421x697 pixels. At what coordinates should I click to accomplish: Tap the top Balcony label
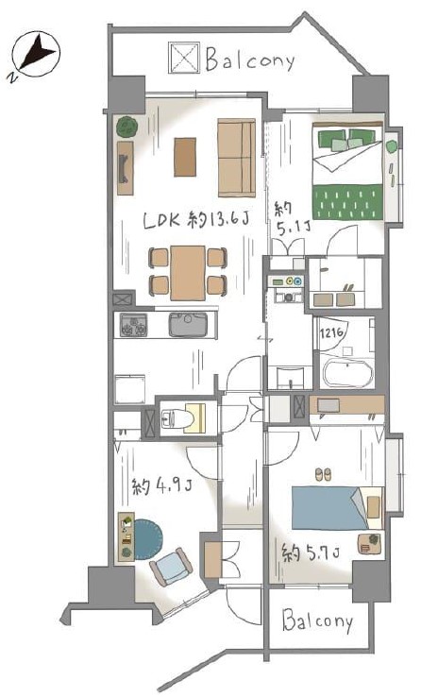pyautogui.click(x=250, y=60)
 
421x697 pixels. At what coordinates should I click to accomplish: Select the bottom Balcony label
pyautogui.click(x=317, y=621)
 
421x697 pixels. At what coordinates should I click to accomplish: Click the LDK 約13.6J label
pyautogui.click(x=195, y=219)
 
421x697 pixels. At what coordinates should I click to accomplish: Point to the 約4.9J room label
pyautogui.click(x=162, y=485)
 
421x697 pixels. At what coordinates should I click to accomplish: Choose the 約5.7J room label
pyautogui.click(x=312, y=552)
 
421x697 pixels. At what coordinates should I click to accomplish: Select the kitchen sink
pyautogui.click(x=188, y=325)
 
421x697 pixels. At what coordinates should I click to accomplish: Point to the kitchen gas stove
pyautogui.click(x=134, y=326)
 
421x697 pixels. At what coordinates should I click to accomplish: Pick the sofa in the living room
pyautogui.click(x=237, y=158)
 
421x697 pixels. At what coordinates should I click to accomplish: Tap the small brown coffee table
pyautogui.click(x=185, y=157)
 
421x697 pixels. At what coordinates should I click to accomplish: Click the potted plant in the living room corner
pyautogui.click(x=126, y=127)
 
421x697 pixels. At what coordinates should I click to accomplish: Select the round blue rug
pyautogui.click(x=147, y=539)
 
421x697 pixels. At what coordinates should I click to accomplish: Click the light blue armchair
pyautogui.click(x=172, y=567)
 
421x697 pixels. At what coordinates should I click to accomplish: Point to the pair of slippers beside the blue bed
pyautogui.click(x=323, y=474)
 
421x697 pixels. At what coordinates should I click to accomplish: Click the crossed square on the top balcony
pyautogui.click(x=184, y=58)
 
